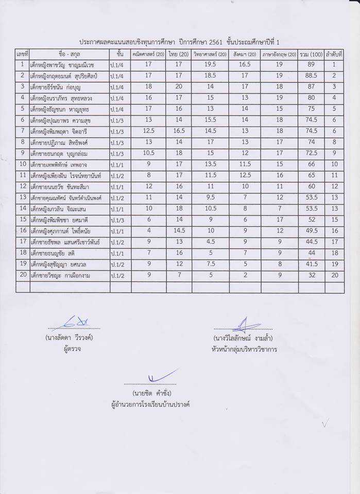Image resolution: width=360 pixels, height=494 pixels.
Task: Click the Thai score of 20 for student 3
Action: (x=179, y=87)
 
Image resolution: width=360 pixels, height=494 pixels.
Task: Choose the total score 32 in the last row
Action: (x=311, y=276)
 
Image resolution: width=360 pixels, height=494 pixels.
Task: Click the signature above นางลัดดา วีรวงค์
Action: (x=74, y=323)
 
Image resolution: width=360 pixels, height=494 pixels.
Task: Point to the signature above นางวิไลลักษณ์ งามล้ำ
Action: (x=243, y=324)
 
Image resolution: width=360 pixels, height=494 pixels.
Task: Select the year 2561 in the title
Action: (x=216, y=41)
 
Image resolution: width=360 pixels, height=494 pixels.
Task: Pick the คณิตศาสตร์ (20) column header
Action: (x=148, y=54)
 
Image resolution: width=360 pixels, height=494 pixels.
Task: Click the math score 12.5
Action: (x=148, y=131)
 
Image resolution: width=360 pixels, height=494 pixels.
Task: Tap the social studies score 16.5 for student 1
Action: (x=245, y=65)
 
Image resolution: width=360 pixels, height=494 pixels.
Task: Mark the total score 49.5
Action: (x=311, y=231)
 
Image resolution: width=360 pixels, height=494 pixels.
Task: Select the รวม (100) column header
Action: (x=311, y=54)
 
